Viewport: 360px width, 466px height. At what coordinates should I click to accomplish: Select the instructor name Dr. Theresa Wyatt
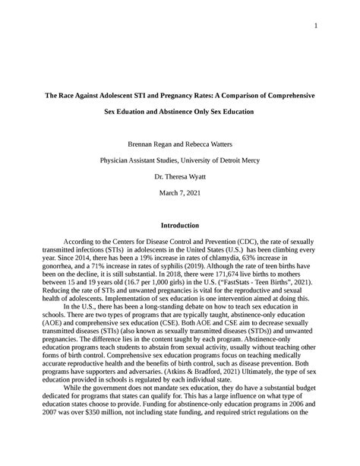click(180, 176)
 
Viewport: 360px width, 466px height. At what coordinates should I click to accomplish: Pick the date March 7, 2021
click(180, 192)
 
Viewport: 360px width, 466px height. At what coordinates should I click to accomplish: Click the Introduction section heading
click(180, 225)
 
